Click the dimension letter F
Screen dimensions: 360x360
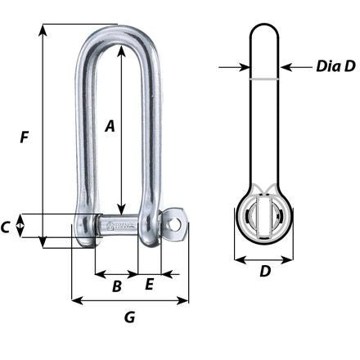(25, 138)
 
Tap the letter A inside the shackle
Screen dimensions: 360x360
(110, 125)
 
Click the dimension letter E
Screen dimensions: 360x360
(150, 285)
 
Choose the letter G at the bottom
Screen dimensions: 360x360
(129, 316)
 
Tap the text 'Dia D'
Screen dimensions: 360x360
(335, 66)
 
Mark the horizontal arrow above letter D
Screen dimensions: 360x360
(265, 259)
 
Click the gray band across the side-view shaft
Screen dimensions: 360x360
(265, 79)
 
